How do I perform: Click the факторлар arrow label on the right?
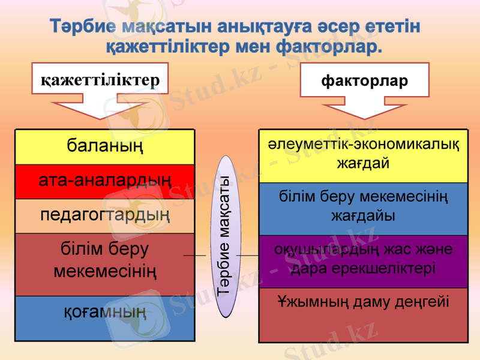click(365, 80)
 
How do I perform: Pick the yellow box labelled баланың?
click(105, 146)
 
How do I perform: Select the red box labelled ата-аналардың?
click(105, 181)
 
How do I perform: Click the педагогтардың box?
click(105, 215)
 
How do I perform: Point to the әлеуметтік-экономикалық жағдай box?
click(363, 155)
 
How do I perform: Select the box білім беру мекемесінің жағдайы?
click(363, 207)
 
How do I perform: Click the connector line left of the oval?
click(194, 256)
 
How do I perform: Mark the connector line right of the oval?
click(247, 256)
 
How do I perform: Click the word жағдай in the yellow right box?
click(363, 164)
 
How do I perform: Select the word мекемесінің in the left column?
click(105, 272)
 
